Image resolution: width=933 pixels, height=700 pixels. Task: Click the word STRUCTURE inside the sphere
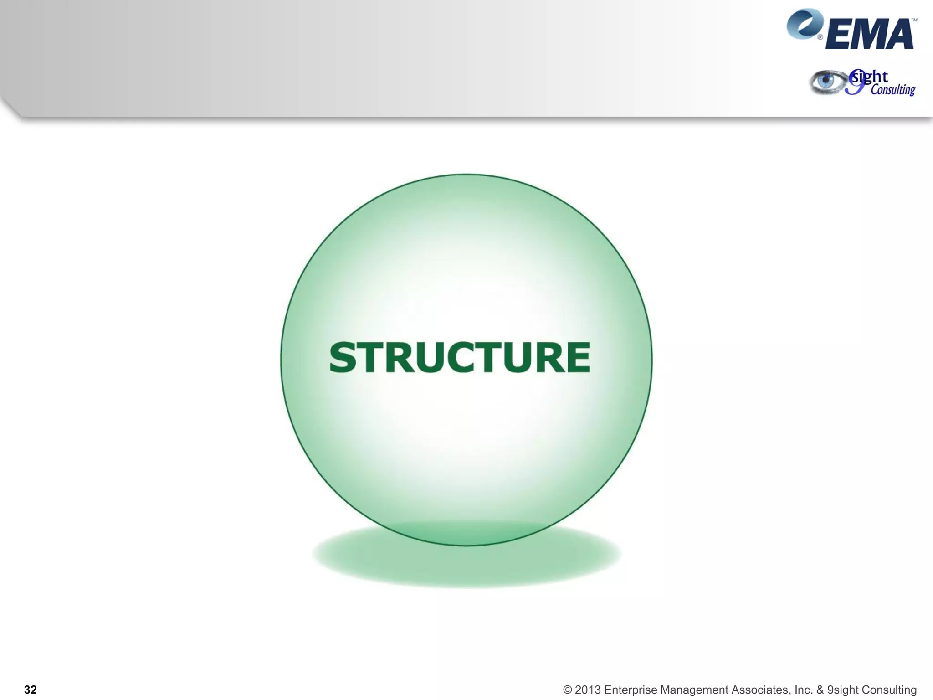(459, 358)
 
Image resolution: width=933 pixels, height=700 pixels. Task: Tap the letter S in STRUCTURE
(342, 358)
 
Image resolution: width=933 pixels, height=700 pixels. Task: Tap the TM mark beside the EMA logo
(913, 21)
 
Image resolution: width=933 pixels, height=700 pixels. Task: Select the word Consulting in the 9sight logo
(893, 89)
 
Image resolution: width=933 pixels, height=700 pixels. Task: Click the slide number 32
(31, 690)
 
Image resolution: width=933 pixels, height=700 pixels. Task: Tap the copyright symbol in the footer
(567, 690)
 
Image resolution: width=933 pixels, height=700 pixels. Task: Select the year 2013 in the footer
(588, 690)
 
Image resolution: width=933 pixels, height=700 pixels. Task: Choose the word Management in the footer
(694, 690)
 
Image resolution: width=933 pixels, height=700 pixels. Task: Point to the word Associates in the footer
(761, 690)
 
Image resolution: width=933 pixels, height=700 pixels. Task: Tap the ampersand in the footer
(820, 690)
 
